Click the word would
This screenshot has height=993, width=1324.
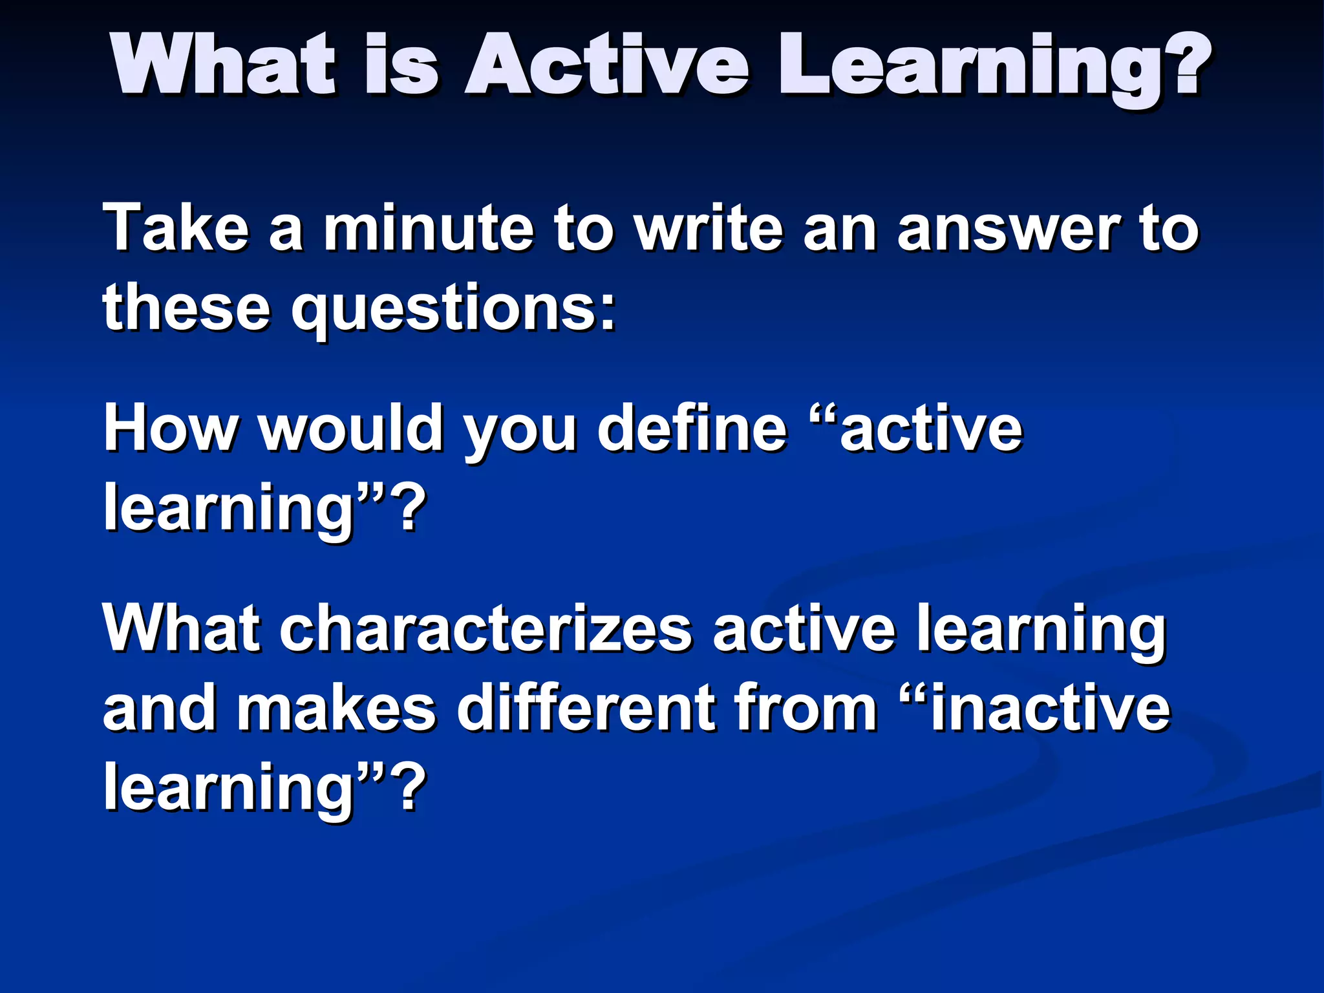pos(352,428)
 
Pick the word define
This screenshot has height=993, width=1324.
pos(692,428)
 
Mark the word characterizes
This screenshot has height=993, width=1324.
pos(485,628)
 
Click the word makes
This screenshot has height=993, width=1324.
pos(336,709)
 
